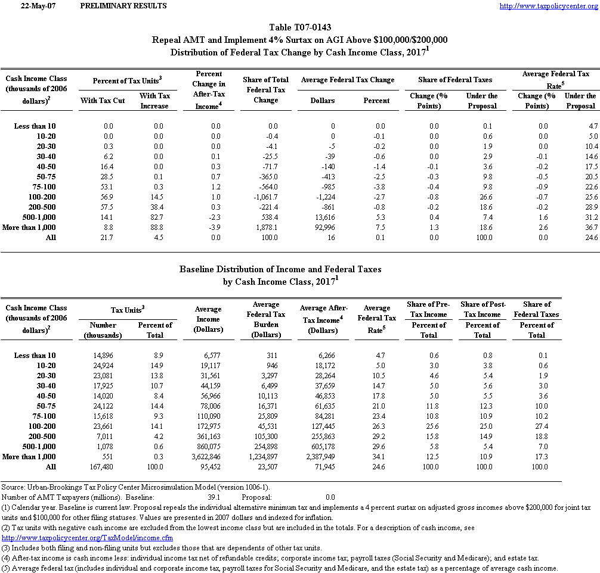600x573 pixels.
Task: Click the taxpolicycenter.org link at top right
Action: tap(548, 6)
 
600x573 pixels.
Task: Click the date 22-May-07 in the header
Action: tap(33, 6)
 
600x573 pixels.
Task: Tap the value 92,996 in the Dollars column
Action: tap(323, 227)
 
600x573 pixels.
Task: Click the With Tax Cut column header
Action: tap(103, 101)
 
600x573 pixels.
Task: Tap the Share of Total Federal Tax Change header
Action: tap(265, 89)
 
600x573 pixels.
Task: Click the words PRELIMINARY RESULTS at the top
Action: tap(123, 6)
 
